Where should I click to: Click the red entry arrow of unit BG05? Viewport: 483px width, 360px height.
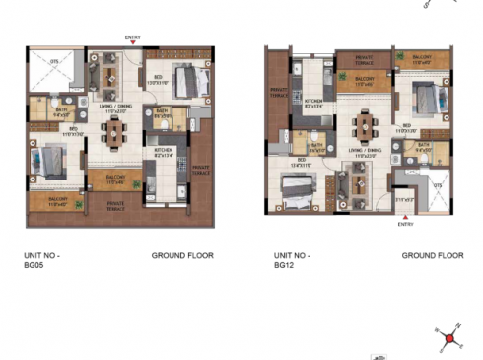click(132, 44)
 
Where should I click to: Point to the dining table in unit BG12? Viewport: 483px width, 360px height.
click(367, 125)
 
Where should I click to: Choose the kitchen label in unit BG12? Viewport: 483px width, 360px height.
click(314, 103)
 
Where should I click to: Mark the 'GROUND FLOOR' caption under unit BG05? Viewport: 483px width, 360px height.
click(182, 256)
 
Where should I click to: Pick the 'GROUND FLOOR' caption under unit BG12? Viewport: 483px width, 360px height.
click(433, 256)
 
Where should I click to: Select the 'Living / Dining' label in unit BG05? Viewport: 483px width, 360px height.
click(117, 107)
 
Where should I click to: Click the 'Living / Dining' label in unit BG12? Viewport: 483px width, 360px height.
click(367, 152)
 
